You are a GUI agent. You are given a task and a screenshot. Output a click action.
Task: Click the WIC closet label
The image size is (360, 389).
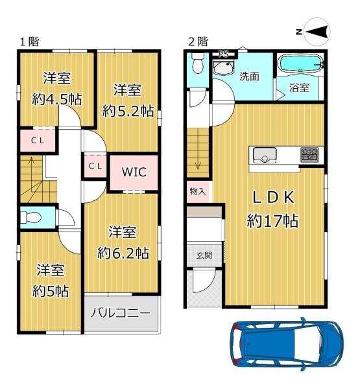click(x=134, y=172)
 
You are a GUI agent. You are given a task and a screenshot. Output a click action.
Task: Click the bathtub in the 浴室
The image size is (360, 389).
click(x=300, y=64)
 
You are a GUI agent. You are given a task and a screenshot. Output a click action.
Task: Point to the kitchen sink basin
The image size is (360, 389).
click(x=265, y=155)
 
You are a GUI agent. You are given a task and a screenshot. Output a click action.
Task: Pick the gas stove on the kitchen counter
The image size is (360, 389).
click(x=309, y=155)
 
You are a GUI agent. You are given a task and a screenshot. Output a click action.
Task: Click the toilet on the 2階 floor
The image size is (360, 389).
click(x=198, y=64)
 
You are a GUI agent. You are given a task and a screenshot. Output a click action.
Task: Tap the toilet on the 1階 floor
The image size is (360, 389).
click(x=30, y=218)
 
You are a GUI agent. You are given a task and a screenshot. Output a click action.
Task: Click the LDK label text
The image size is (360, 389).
click(x=273, y=198)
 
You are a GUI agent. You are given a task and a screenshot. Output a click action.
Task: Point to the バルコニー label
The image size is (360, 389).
click(x=121, y=313)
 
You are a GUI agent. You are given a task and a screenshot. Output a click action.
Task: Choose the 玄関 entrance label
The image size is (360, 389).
click(x=204, y=255)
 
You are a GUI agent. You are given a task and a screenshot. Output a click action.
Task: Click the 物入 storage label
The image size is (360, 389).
click(x=198, y=191)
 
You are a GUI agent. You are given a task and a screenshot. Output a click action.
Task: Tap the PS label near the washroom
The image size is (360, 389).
click(x=223, y=54)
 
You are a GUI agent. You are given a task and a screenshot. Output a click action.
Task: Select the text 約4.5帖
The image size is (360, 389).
click(x=57, y=99)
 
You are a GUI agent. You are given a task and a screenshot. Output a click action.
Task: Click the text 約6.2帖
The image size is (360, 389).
click(x=123, y=253)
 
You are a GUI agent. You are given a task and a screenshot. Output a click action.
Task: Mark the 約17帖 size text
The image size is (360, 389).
click(x=272, y=221)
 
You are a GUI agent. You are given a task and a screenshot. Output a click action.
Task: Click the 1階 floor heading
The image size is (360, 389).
click(x=29, y=41)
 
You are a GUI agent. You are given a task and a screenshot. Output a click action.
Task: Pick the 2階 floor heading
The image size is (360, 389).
click(x=198, y=41)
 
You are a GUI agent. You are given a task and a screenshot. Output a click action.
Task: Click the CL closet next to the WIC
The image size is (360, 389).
click(x=95, y=166)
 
